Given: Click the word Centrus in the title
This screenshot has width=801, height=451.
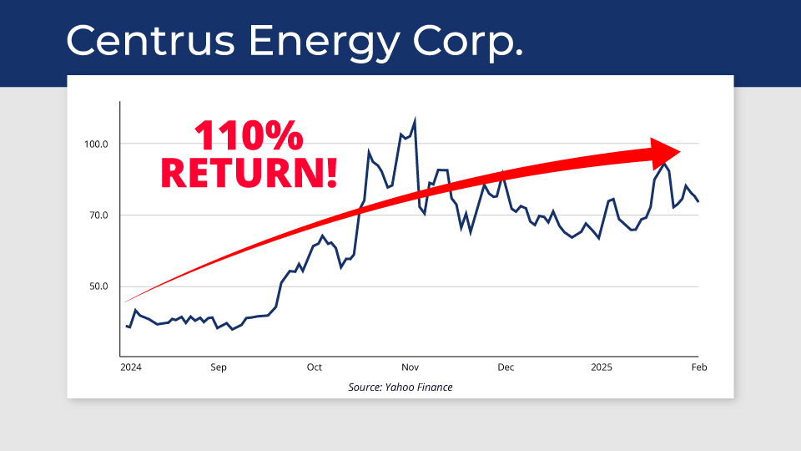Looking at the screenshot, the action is (x=151, y=40).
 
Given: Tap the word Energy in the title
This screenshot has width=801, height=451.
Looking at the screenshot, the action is (x=324, y=43).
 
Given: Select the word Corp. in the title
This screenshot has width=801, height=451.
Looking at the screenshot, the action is (x=468, y=43).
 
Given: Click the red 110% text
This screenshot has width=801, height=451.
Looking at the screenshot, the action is (x=249, y=135).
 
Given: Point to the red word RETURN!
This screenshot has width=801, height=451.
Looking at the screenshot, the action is (x=249, y=173).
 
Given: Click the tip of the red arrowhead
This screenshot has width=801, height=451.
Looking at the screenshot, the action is (x=681, y=152).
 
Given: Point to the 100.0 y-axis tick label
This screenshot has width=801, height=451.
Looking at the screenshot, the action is (x=96, y=144).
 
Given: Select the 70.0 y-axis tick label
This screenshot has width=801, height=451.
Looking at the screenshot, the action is (x=98, y=215).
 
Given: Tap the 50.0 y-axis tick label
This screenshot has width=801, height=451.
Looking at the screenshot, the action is (x=98, y=286).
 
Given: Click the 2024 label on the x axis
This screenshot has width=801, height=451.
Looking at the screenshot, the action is (x=131, y=367).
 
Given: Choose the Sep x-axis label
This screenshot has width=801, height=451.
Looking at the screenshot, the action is (x=218, y=367).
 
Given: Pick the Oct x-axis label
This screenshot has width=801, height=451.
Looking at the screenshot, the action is (x=315, y=367).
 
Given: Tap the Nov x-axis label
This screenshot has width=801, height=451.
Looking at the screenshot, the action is (x=411, y=367).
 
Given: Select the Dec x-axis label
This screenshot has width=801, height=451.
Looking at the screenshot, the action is (x=506, y=367).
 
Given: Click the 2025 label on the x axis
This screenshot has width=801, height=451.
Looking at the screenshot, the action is (x=602, y=367).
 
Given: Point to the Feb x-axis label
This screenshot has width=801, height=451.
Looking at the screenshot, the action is (x=699, y=367).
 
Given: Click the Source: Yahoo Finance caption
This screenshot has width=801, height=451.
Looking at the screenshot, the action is (x=400, y=387).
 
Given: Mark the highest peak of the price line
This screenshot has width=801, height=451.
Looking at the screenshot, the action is (x=415, y=119).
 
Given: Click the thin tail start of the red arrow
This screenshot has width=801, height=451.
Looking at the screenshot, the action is (x=126, y=302).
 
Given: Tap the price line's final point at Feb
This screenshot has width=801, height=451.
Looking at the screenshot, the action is (x=698, y=201).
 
